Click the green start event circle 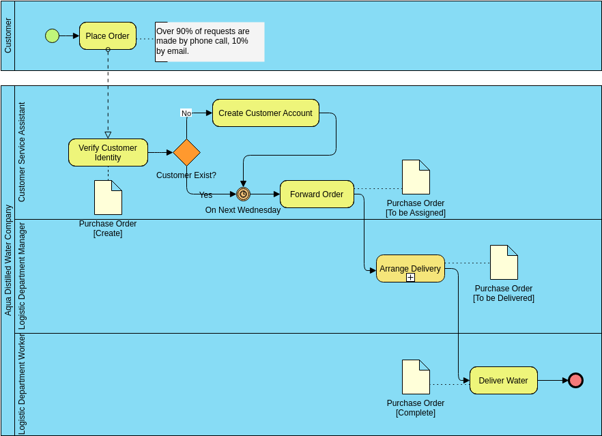click(52, 35)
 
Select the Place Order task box click(108, 36)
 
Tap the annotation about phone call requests click(209, 42)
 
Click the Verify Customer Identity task click(108, 152)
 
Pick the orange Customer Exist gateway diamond click(186, 152)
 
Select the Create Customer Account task click(266, 113)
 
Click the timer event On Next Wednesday click(243, 194)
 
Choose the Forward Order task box click(317, 194)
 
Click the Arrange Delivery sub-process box click(410, 267)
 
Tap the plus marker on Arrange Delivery click(410, 278)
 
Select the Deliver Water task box click(503, 380)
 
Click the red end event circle click(575, 380)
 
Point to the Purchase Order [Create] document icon click(108, 198)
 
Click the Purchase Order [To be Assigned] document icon click(416, 177)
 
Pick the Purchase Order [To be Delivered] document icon click(504, 263)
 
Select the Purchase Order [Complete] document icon click(416, 377)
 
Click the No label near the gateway click(186, 113)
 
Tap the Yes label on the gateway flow click(205, 195)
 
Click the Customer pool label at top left click(8, 36)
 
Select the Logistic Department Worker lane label click(21, 384)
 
